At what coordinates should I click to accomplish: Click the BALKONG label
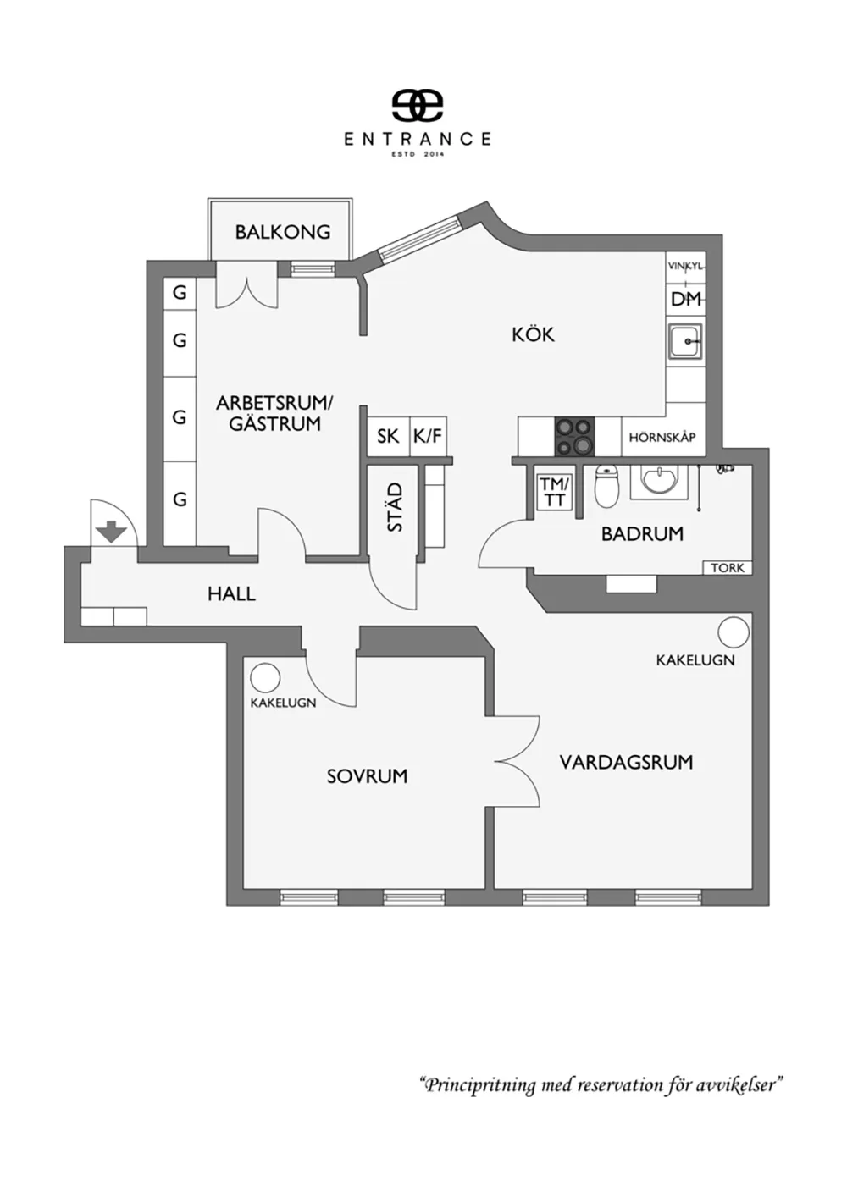282,232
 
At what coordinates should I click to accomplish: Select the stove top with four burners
574,436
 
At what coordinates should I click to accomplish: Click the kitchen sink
685,341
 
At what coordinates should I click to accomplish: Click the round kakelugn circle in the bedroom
265,679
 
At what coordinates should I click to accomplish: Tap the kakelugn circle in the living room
734,632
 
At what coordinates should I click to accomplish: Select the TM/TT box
554,493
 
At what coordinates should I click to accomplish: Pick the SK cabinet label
388,436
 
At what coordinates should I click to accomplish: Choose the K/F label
427,436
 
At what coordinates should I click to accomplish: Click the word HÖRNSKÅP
662,438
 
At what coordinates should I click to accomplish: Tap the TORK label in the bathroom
728,567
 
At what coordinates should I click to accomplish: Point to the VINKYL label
685,267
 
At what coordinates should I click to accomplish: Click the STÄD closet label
396,507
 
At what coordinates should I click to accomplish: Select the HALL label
231,594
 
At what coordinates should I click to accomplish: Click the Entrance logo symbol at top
417,104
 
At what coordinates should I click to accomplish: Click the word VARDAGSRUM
626,763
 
